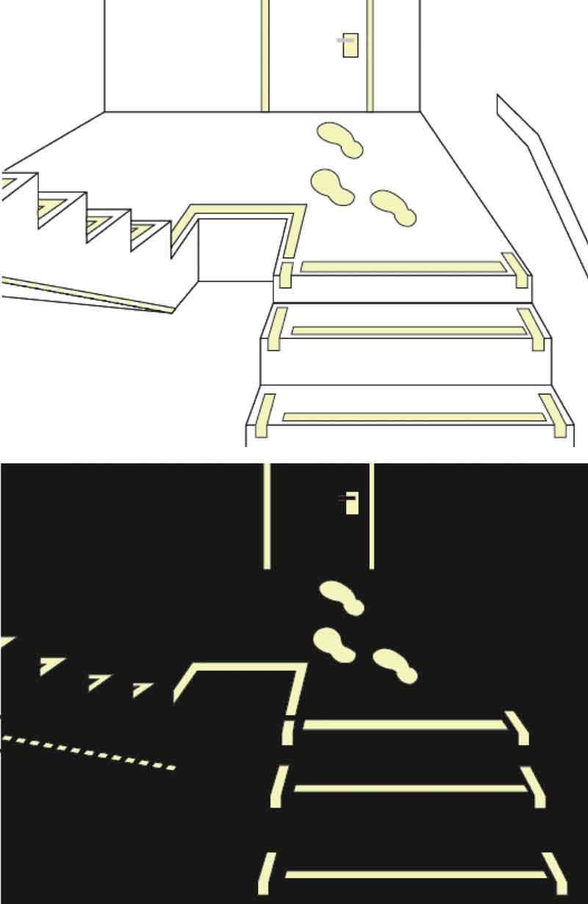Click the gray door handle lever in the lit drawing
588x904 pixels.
click(345, 40)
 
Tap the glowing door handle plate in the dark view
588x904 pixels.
click(352, 504)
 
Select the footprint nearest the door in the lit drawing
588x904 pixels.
click(340, 139)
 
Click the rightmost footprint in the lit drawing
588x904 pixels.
click(393, 207)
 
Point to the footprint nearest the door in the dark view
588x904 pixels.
click(342, 597)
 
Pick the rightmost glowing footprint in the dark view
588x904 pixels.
click(395, 665)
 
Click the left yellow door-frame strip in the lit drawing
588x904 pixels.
click(265, 55)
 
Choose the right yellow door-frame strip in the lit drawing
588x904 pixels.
click(370, 55)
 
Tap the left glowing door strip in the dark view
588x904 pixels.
click(267, 515)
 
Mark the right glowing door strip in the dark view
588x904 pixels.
click(371, 515)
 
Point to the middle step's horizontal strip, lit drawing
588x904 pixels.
click(409, 331)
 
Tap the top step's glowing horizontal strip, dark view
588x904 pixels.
click(404, 725)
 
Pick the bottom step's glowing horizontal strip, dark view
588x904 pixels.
click(415, 875)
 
